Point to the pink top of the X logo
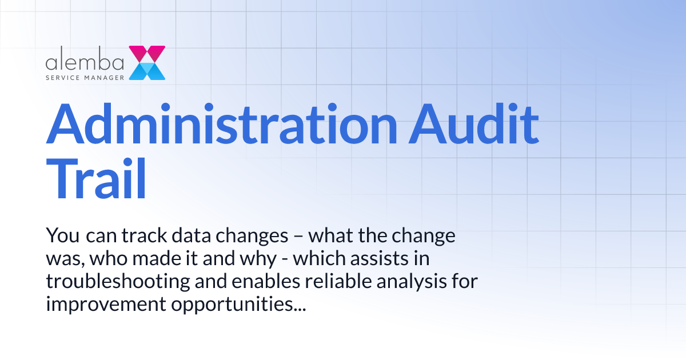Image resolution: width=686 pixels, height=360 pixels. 147,54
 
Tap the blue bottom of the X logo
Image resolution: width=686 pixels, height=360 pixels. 147,71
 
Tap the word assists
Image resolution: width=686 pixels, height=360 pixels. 382,259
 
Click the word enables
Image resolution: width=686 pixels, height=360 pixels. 243,282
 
